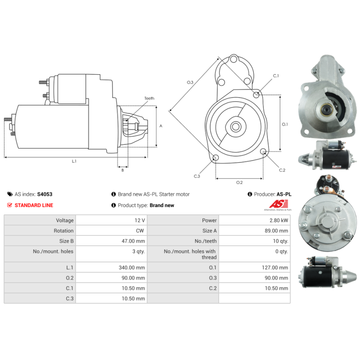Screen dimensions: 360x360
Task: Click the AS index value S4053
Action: click(x=45, y=194)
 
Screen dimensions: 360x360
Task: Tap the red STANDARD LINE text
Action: click(x=34, y=205)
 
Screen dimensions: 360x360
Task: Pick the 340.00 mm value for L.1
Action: click(x=132, y=267)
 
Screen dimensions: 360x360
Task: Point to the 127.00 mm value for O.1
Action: click(x=275, y=267)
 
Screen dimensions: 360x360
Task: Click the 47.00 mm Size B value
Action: click(x=133, y=241)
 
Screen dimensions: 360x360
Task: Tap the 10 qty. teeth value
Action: click(x=280, y=241)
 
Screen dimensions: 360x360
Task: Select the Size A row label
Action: click(x=209, y=231)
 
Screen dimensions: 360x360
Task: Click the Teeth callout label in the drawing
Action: click(x=149, y=98)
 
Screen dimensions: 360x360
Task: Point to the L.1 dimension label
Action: click(x=74, y=161)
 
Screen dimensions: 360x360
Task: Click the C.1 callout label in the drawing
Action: click(x=276, y=76)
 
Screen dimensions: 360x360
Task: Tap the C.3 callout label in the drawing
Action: click(x=197, y=176)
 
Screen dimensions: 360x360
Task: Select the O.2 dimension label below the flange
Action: click(x=239, y=182)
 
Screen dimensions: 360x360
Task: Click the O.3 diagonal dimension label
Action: click(x=190, y=82)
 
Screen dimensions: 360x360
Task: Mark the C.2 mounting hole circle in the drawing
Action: click(x=263, y=151)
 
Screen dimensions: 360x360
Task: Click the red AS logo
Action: click(x=279, y=204)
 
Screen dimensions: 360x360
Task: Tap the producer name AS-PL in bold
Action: click(x=284, y=194)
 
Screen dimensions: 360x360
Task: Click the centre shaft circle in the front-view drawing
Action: click(x=235, y=126)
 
